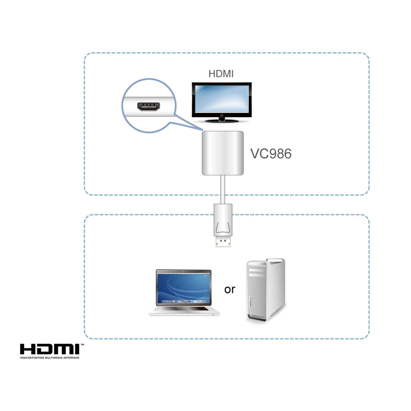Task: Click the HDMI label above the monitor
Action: point(221,74)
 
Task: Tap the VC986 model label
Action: point(271,154)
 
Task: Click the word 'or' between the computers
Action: point(230,289)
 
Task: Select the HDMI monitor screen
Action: point(221,99)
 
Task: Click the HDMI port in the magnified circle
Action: point(149,107)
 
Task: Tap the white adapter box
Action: point(223,153)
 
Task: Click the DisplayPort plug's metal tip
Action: point(223,242)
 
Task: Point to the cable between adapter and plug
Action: point(223,189)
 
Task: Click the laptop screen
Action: point(183,288)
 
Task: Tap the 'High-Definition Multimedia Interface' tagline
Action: point(49,358)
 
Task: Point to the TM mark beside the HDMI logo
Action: point(82,345)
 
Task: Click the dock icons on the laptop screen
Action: point(183,301)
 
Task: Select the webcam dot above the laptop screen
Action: point(183,271)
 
